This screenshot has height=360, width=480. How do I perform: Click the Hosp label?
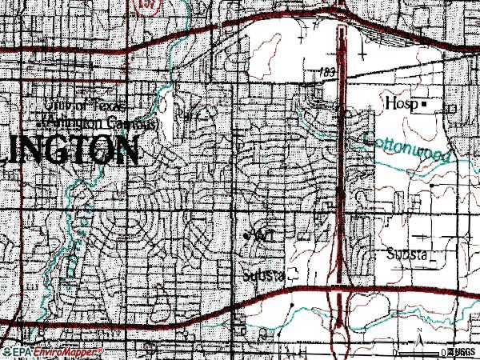[x=402, y=104]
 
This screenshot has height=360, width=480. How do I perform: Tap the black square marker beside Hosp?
[x=426, y=104]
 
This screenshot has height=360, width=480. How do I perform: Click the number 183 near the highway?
[x=326, y=72]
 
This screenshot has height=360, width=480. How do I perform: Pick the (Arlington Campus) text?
[x=102, y=124]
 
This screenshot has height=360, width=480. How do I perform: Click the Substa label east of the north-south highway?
[x=408, y=254]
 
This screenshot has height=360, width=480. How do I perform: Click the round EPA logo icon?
[x=6, y=352]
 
